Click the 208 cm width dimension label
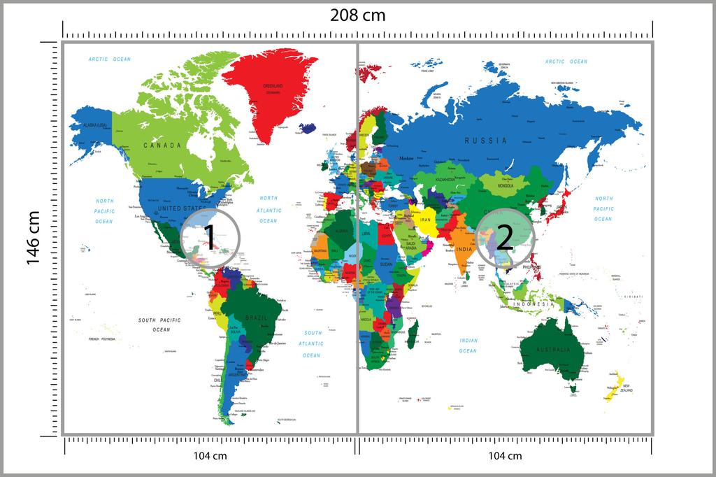pyautogui.click(x=358, y=15)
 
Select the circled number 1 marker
pyautogui.click(x=209, y=239)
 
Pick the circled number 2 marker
pyautogui.click(x=505, y=236)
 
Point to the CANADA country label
pyautogui.click(x=162, y=145)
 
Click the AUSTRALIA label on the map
pyautogui.click(x=553, y=349)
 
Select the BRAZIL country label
pyautogui.click(x=256, y=318)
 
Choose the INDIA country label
pyautogui.click(x=462, y=249)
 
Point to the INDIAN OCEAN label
pyautogui.click(x=468, y=346)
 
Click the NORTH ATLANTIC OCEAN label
pyautogui.click(x=268, y=209)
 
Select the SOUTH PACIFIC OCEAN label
pyautogui.click(x=159, y=325)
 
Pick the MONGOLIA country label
pyautogui.click(x=506, y=185)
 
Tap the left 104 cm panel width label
pyautogui.click(x=210, y=456)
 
